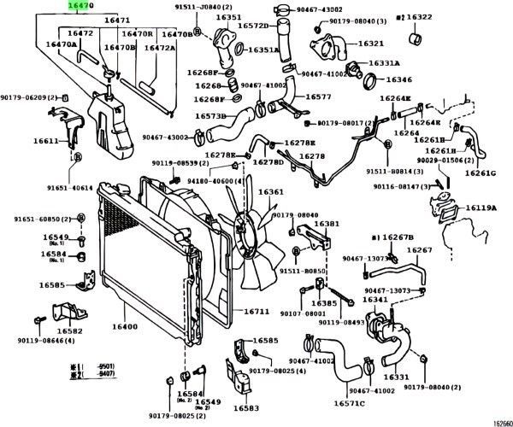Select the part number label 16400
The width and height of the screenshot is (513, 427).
124,327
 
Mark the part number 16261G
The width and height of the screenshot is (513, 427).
481,173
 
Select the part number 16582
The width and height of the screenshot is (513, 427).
70,330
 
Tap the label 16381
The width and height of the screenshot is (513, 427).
326,224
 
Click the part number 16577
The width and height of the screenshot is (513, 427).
318,98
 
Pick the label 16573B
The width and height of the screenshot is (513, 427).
209,115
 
